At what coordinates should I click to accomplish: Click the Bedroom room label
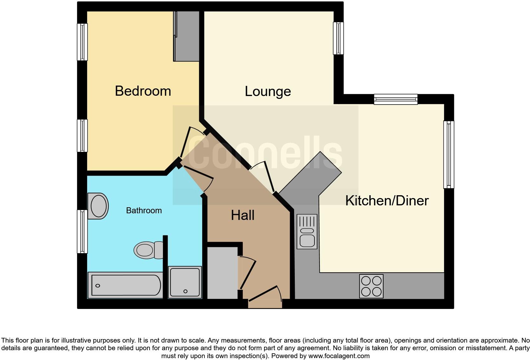tap(143, 91)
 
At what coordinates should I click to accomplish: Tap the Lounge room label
tap(268, 92)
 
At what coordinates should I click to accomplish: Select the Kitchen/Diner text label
tap(387, 201)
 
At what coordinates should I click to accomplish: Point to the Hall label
tap(242, 215)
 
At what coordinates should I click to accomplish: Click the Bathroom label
tap(144, 210)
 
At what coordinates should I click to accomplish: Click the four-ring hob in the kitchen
tap(371, 286)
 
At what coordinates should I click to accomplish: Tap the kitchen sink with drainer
tap(307, 231)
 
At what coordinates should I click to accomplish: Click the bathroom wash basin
tap(98, 206)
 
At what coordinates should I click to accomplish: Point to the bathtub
tap(125, 285)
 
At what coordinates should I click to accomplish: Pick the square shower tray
tap(185, 282)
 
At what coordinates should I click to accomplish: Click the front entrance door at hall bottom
tap(265, 294)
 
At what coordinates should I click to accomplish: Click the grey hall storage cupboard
tap(222, 273)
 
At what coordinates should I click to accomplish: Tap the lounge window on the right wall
tap(338, 38)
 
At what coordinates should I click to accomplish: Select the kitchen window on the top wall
tap(396, 99)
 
